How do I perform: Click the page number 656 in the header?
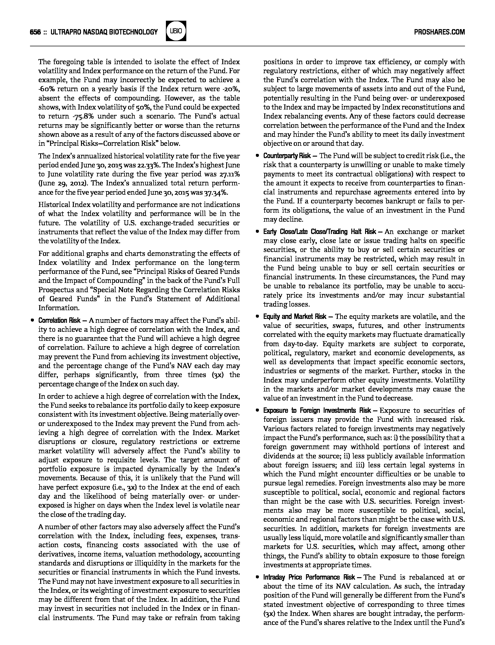click(x=35, y=32)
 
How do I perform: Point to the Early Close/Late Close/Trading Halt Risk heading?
click(x=319, y=232)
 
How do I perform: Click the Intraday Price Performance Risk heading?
click(x=309, y=577)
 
